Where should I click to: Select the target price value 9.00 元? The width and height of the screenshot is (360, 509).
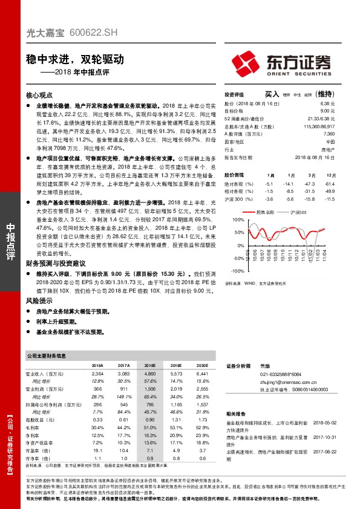coord(327,111)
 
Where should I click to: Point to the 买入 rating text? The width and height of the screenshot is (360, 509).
coord(271,95)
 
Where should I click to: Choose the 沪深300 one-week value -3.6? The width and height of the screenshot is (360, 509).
coord(270,199)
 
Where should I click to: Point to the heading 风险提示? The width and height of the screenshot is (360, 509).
coord(39,300)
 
